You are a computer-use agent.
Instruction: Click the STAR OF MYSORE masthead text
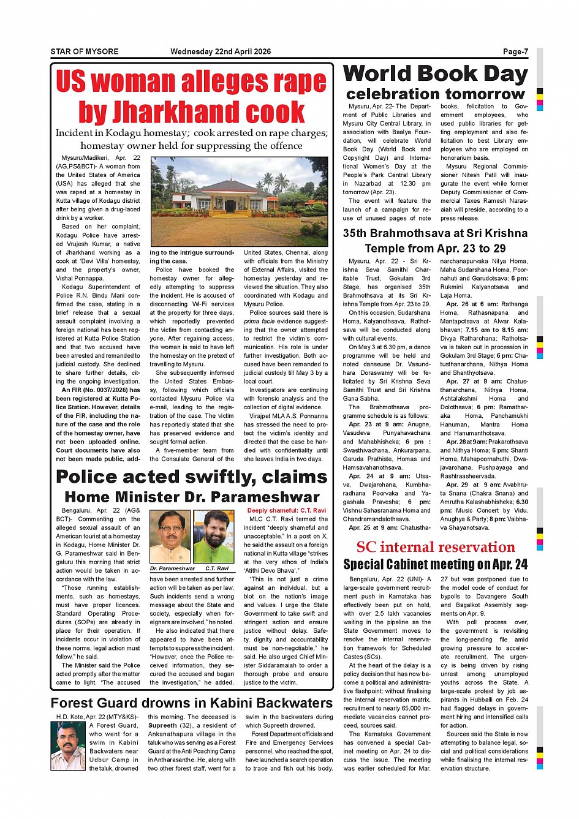tap(85, 51)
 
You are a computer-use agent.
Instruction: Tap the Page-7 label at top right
tap(515, 51)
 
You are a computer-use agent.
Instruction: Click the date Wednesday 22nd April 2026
tap(221, 51)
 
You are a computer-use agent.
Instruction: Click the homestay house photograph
tap(239, 202)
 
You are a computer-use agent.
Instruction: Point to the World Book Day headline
tap(435, 74)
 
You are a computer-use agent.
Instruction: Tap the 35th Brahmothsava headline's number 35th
tap(356, 233)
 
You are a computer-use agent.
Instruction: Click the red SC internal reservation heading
tap(435, 547)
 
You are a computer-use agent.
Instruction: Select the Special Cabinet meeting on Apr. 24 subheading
tap(435, 564)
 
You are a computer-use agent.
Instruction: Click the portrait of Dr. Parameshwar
tap(170, 537)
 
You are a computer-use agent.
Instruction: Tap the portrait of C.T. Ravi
tap(214, 537)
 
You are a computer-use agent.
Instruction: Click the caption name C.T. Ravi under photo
tap(217, 568)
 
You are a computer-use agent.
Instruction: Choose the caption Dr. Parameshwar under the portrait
tap(172, 568)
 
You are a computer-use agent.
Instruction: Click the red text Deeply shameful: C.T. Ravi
tap(286, 510)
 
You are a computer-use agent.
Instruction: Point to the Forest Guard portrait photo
tap(68, 745)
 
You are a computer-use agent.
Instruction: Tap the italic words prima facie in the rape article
tap(257, 321)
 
